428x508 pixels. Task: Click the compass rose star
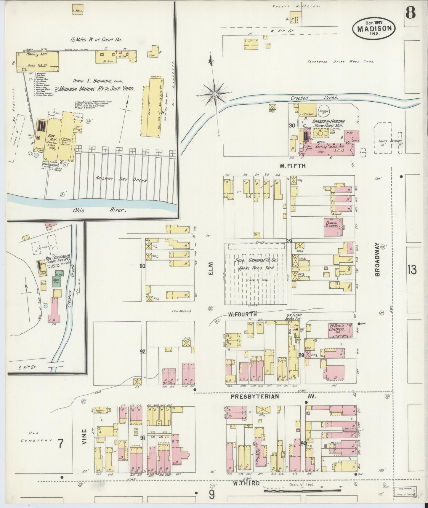(x=214, y=94)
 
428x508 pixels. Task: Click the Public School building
(x=332, y=227)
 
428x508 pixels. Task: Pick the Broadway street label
(x=378, y=260)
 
